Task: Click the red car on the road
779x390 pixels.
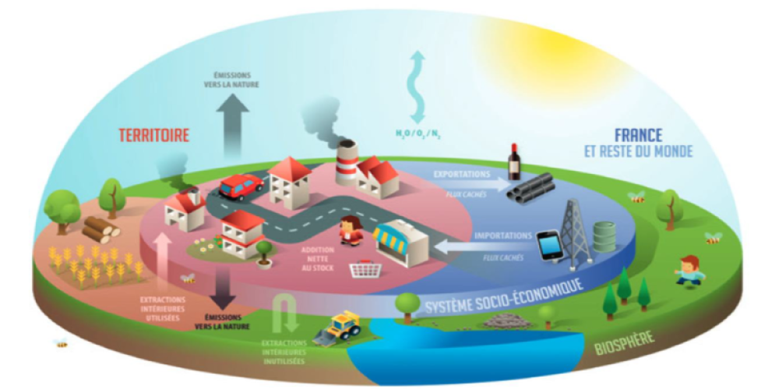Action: pos(241,186)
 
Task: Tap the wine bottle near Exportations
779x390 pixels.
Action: pos(514,161)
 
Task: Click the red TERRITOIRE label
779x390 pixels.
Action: pos(154,135)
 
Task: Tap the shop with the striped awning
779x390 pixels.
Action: pos(400,242)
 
